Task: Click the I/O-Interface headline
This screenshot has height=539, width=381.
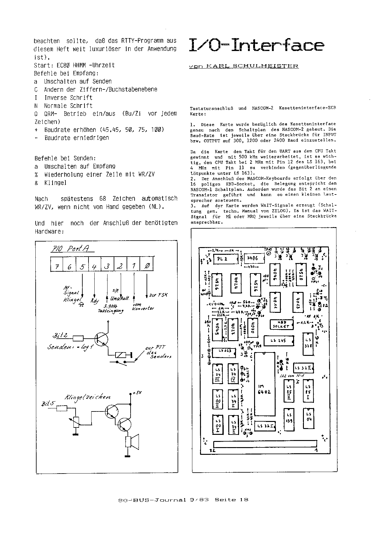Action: (256, 45)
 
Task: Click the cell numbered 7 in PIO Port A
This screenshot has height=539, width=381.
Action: (57, 266)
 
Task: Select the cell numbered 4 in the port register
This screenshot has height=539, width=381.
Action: (94, 266)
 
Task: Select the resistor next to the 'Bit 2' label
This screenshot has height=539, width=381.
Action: (78, 338)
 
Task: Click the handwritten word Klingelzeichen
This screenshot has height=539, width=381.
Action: (87, 397)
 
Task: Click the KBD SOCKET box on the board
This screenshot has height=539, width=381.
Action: (281, 324)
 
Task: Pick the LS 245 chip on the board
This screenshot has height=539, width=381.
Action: (278, 340)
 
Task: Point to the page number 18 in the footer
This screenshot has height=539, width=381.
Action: (244, 500)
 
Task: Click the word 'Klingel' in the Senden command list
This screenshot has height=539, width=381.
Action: (55, 183)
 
